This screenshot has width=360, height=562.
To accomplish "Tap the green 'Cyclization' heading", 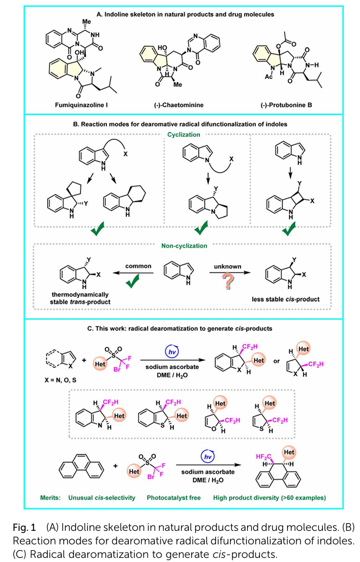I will pos(179,135).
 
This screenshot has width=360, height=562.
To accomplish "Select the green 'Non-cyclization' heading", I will pos(179,248).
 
